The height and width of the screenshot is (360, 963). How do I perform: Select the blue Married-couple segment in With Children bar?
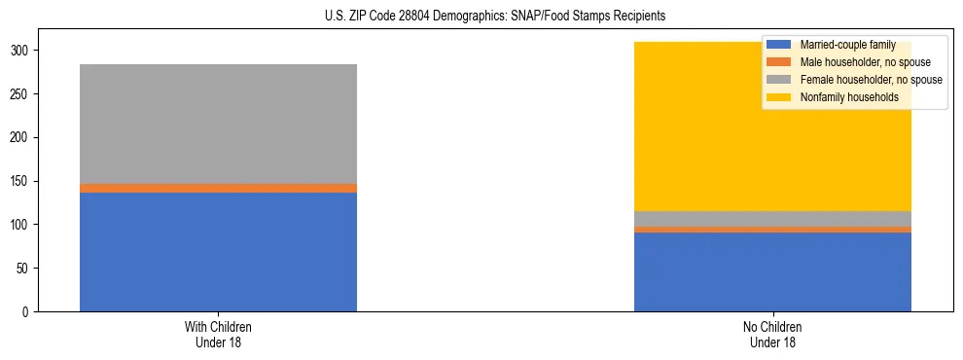[x=218, y=252]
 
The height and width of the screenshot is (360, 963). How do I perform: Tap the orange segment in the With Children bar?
[x=218, y=188]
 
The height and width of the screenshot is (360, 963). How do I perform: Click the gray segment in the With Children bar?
[x=218, y=124]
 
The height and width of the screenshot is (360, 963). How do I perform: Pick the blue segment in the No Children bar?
[x=772, y=272]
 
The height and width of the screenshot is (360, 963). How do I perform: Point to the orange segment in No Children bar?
[x=772, y=230]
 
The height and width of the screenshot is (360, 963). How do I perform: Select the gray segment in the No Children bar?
[x=772, y=219]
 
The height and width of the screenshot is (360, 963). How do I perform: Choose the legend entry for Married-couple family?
[x=842, y=45]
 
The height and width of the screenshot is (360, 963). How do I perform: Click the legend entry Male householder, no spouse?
[x=856, y=62]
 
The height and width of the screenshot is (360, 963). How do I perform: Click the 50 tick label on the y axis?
[x=28, y=269]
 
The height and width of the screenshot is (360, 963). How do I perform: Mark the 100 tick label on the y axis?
[x=25, y=225]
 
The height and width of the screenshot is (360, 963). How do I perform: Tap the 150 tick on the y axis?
[x=25, y=181]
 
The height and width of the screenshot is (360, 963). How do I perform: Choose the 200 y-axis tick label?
[x=25, y=137]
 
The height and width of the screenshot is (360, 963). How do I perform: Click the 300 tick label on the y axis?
[x=25, y=51]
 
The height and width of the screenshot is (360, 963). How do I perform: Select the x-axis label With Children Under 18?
[x=218, y=334]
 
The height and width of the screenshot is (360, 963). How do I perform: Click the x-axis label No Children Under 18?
[x=772, y=334]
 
